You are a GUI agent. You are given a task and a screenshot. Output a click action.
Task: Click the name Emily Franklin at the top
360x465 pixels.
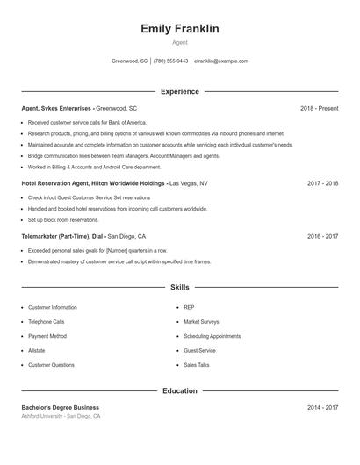click(x=179, y=29)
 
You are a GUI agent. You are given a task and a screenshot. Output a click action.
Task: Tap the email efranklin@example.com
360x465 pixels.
click(x=221, y=61)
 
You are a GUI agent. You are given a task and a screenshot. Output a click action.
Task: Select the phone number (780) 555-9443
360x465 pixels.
click(x=171, y=61)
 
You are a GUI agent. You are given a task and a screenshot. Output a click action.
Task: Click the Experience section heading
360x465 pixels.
click(x=179, y=91)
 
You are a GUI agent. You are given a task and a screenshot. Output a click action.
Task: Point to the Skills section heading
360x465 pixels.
click(x=179, y=287)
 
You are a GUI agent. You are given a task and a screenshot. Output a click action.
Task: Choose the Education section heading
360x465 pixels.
click(x=179, y=390)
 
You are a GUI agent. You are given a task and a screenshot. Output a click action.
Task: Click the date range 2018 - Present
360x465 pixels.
click(x=319, y=108)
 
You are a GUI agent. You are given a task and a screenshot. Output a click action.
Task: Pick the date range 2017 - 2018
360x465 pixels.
click(x=322, y=184)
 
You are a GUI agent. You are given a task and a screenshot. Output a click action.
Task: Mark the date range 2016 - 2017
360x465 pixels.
click(x=322, y=236)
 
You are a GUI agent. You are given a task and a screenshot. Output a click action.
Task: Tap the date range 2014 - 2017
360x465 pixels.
click(x=322, y=407)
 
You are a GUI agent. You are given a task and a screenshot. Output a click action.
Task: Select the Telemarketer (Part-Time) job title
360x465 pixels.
click(x=56, y=236)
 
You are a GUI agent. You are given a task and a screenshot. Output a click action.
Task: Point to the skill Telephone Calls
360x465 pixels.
click(x=47, y=322)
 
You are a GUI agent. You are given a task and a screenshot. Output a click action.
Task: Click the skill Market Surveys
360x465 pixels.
click(x=201, y=322)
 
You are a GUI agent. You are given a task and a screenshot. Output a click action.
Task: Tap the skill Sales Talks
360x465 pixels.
click(x=197, y=364)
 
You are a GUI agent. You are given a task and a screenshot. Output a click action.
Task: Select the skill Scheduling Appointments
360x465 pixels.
click(x=212, y=336)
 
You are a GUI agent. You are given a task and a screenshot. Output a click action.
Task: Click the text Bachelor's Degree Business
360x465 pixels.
click(x=60, y=407)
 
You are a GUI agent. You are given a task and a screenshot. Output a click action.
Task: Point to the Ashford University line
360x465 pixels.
click(x=61, y=416)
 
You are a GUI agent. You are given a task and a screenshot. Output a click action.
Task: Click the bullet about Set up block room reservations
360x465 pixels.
click(x=63, y=220)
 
